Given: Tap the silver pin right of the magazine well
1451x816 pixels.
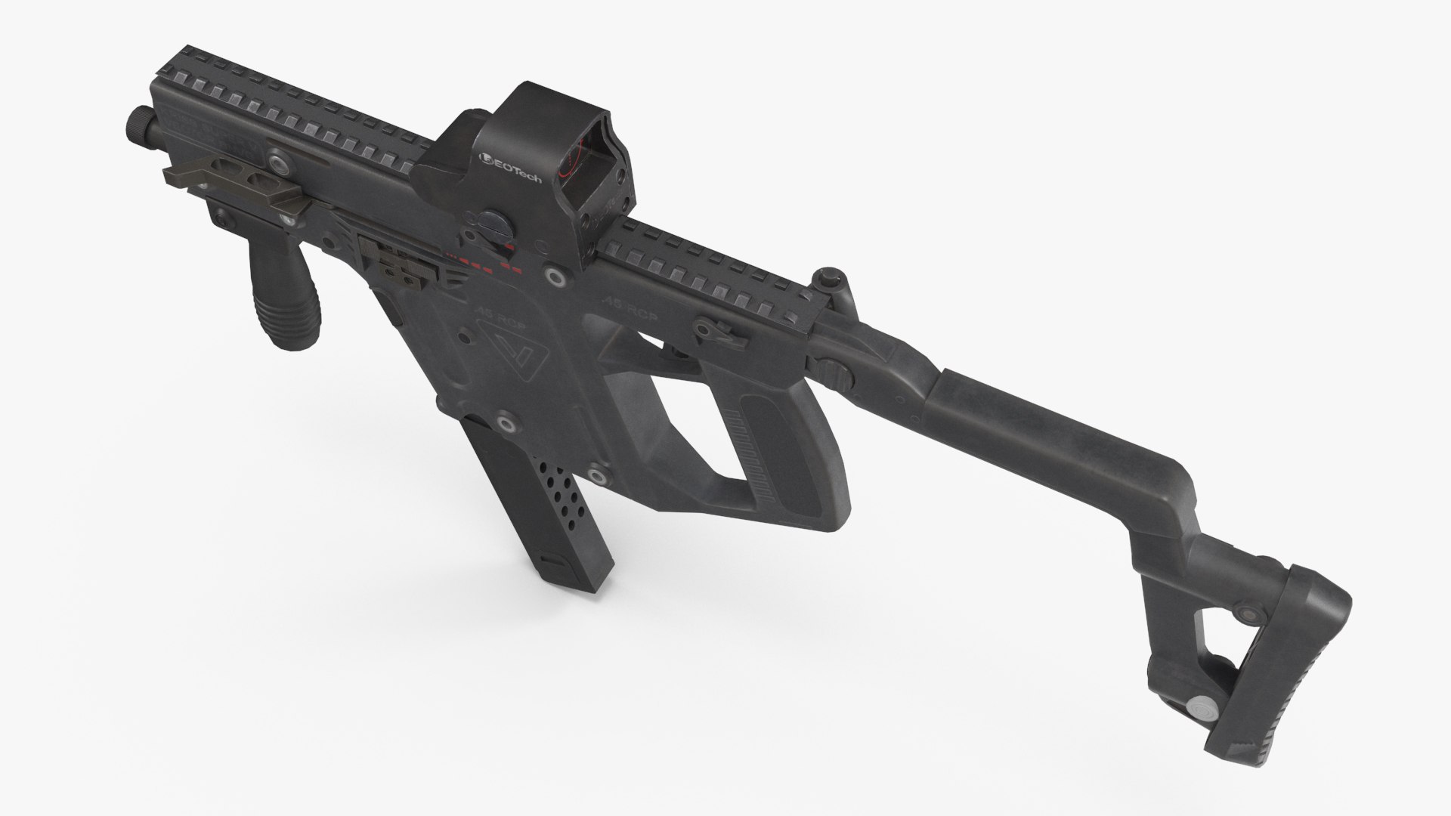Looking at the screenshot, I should tap(598, 475).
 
